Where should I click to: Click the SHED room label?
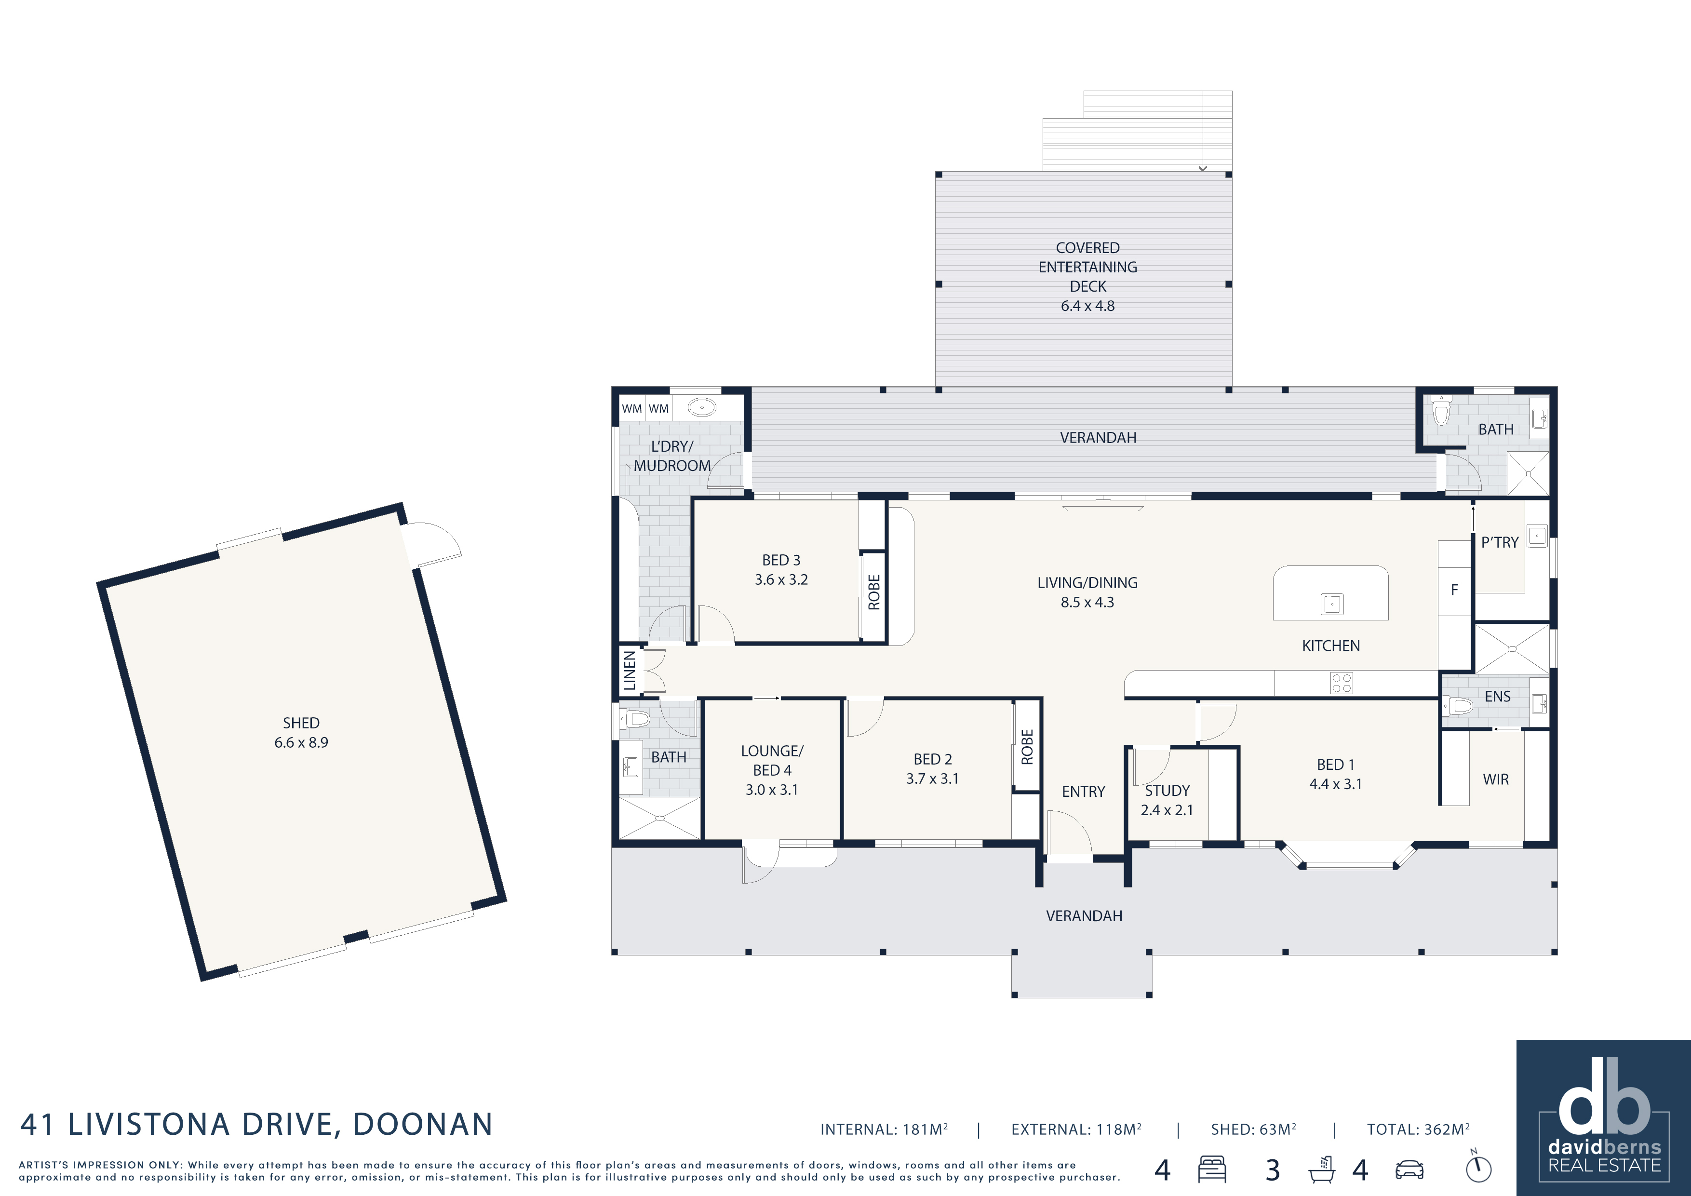301,723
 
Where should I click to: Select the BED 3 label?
781,561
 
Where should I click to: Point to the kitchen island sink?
1331,604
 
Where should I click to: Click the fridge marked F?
1455,589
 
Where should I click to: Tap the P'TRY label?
1500,542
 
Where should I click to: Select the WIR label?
1496,779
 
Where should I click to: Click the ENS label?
1497,696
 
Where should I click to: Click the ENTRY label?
1084,792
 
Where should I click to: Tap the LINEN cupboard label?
630,670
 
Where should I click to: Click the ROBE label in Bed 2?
1027,747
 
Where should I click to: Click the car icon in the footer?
1409,1169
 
